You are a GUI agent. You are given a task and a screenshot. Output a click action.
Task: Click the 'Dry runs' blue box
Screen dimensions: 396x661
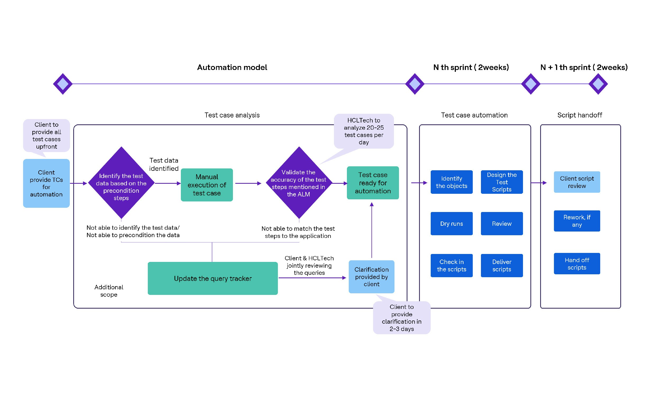click(x=451, y=223)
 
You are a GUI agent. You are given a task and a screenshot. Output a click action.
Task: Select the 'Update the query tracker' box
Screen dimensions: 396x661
click(x=212, y=278)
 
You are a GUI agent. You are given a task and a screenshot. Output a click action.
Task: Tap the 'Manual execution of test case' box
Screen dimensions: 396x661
click(x=206, y=185)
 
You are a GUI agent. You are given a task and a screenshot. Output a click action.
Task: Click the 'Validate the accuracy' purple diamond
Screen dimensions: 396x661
click(x=299, y=183)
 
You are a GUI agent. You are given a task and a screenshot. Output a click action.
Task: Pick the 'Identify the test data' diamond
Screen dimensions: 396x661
click(x=121, y=183)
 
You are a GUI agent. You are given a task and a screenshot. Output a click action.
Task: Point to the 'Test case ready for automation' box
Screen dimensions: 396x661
click(x=373, y=183)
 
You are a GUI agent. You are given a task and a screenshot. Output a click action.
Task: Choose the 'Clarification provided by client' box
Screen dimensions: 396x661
click(x=371, y=276)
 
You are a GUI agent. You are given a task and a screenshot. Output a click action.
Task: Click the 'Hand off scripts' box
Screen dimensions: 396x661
click(x=577, y=263)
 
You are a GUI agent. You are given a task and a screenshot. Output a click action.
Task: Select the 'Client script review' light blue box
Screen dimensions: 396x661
click(x=577, y=182)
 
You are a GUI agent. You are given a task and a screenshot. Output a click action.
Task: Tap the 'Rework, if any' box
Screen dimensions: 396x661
click(x=577, y=221)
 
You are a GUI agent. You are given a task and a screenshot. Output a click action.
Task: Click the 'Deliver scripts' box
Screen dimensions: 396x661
click(x=502, y=265)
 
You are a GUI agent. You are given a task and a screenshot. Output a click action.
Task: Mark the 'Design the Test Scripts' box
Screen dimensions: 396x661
click(x=502, y=182)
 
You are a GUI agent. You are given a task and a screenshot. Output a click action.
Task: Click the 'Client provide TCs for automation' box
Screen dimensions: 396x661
click(x=46, y=183)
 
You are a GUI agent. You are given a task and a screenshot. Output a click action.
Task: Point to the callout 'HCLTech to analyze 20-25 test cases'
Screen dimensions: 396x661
click(x=363, y=131)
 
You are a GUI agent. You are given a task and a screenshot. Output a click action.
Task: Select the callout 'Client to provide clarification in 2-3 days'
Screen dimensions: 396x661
click(x=401, y=318)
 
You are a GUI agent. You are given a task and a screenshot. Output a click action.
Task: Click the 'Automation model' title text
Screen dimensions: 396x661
click(x=232, y=67)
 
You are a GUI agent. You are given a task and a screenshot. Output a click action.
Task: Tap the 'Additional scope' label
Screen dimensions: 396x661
click(x=109, y=291)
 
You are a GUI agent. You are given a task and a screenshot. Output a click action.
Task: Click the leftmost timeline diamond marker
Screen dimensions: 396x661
click(x=63, y=84)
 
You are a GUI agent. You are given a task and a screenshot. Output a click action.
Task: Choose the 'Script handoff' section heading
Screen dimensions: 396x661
click(x=579, y=115)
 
